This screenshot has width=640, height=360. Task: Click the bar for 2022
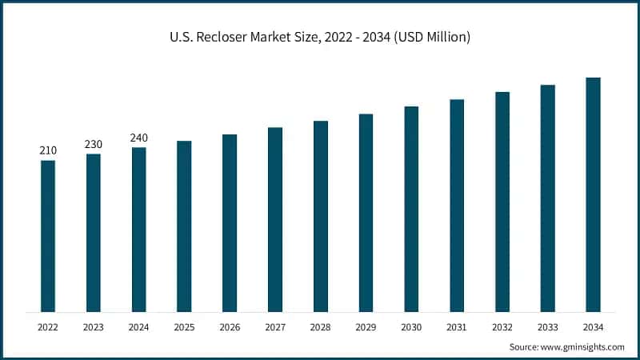pyautogui.click(x=48, y=236)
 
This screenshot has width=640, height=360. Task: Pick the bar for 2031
pyautogui.click(x=457, y=206)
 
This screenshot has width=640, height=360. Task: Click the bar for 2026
pyautogui.click(x=230, y=223)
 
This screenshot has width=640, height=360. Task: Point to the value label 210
pyautogui.click(x=48, y=150)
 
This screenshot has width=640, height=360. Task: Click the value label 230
pyautogui.click(x=94, y=144)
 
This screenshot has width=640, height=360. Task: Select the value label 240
pyautogui.click(x=139, y=138)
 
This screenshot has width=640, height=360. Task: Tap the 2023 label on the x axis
pyautogui.click(x=94, y=326)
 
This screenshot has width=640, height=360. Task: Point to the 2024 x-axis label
pyautogui.click(x=139, y=326)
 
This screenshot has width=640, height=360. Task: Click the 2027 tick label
pyautogui.click(x=275, y=326)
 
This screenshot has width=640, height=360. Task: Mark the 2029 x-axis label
pyautogui.click(x=366, y=326)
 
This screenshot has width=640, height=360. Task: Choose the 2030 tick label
pyautogui.click(x=411, y=326)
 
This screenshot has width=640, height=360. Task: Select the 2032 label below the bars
pyautogui.click(x=502, y=326)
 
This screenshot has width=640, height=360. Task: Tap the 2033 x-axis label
pyautogui.click(x=547, y=326)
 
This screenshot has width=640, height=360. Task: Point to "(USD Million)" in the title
pyautogui.click(x=430, y=37)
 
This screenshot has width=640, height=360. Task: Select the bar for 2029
pyautogui.click(x=366, y=213)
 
